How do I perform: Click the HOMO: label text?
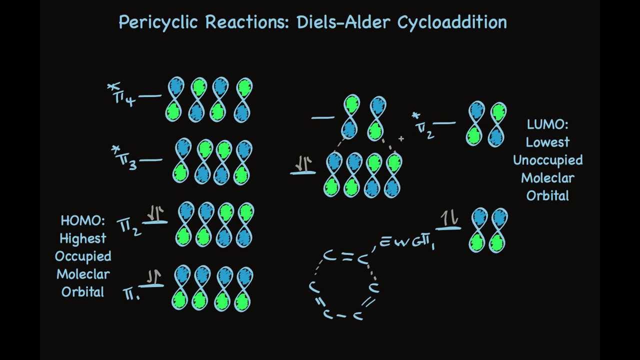pyautogui.click(x=82, y=220)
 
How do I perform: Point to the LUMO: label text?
pyautogui.click(x=547, y=124)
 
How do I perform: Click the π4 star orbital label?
pyautogui.click(x=122, y=95)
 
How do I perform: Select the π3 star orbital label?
pyautogui.click(x=125, y=158)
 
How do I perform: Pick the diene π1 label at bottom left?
pyautogui.click(x=131, y=294)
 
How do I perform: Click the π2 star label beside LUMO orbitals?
pyautogui.click(x=423, y=126)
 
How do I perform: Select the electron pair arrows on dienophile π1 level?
pyautogui.click(x=449, y=218)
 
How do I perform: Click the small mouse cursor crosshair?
pyautogui.click(x=401, y=138)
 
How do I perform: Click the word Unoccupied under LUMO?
pyautogui.click(x=547, y=160)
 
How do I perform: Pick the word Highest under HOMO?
pyautogui.click(x=82, y=238)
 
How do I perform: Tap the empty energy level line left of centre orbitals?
pyautogui.click(x=322, y=118)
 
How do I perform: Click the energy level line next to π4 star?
pyautogui.click(x=149, y=95)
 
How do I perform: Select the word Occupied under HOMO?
pyautogui.click(x=82, y=256)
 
